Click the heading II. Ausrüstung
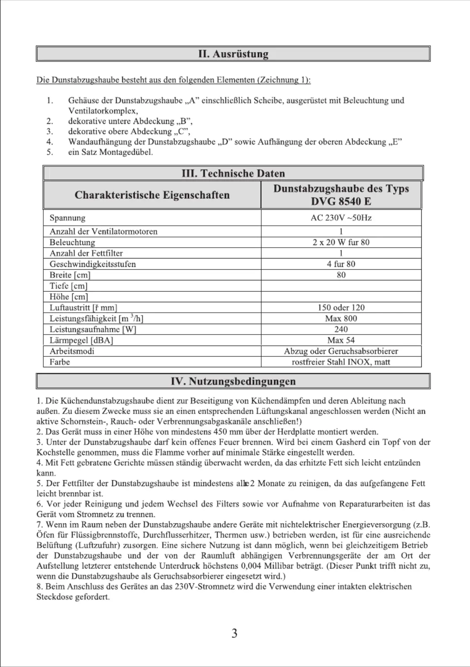tap(233, 54)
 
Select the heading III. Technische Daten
tap(233, 174)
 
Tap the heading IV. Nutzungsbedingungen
tap(233, 382)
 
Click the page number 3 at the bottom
tap(234, 633)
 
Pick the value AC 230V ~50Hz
tap(341, 218)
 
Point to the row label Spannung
tap(67, 218)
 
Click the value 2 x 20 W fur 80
tap(341, 243)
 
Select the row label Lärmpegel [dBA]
tap(81, 340)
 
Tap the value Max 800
tap(341, 319)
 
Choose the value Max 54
tap(341, 340)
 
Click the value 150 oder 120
tap(341, 308)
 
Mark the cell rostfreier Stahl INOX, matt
tap(341, 362)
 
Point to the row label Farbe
tap(60, 362)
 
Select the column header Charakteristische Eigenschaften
tap(152, 195)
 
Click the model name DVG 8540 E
tap(341, 201)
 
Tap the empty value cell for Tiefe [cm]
tap(341, 286)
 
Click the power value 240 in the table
tap(341, 330)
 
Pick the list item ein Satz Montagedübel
tap(110, 152)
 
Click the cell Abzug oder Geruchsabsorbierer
tap(341, 351)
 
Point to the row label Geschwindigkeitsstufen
tap(92, 264)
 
